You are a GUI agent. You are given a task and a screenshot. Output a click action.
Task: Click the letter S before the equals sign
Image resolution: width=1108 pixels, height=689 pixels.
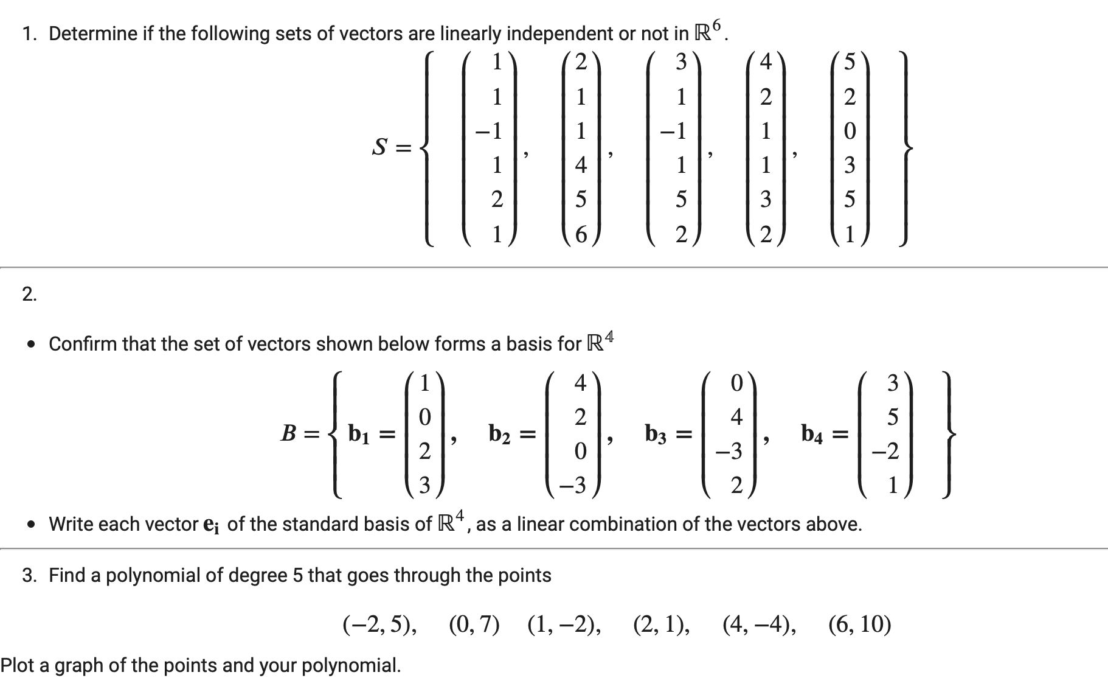pyautogui.click(x=380, y=147)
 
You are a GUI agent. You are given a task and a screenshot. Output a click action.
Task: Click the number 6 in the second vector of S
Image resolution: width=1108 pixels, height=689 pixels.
pyautogui.click(x=581, y=234)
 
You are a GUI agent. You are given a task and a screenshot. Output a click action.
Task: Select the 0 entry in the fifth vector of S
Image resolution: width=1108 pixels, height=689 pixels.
pyautogui.click(x=850, y=131)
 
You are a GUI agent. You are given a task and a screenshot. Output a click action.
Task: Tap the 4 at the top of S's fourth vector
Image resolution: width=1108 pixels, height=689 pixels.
pyautogui.click(x=766, y=62)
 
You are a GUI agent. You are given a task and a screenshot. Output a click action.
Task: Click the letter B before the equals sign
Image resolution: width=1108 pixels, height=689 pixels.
pyautogui.click(x=288, y=433)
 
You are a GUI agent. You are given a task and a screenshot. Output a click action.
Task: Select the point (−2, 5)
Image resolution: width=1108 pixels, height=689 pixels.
pyautogui.click(x=380, y=624)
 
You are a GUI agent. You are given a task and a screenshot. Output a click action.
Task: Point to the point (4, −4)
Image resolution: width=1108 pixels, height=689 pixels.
pyautogui.click(x=760, y=624)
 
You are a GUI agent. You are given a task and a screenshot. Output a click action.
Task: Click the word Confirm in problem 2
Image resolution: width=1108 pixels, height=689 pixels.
pyautogui.click(x=83, y=344)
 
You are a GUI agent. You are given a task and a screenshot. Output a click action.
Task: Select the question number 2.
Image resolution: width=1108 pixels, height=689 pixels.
pyautogui.click(x=29, y=295)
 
